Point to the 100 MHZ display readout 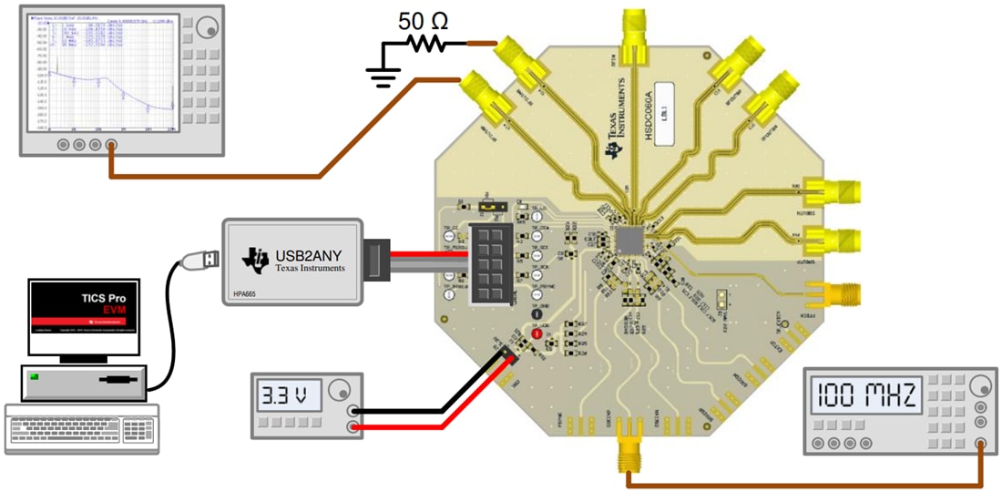(866, 395)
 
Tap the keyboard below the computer (81, 428)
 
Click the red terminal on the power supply (352, 426)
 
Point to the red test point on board (537, 335)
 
